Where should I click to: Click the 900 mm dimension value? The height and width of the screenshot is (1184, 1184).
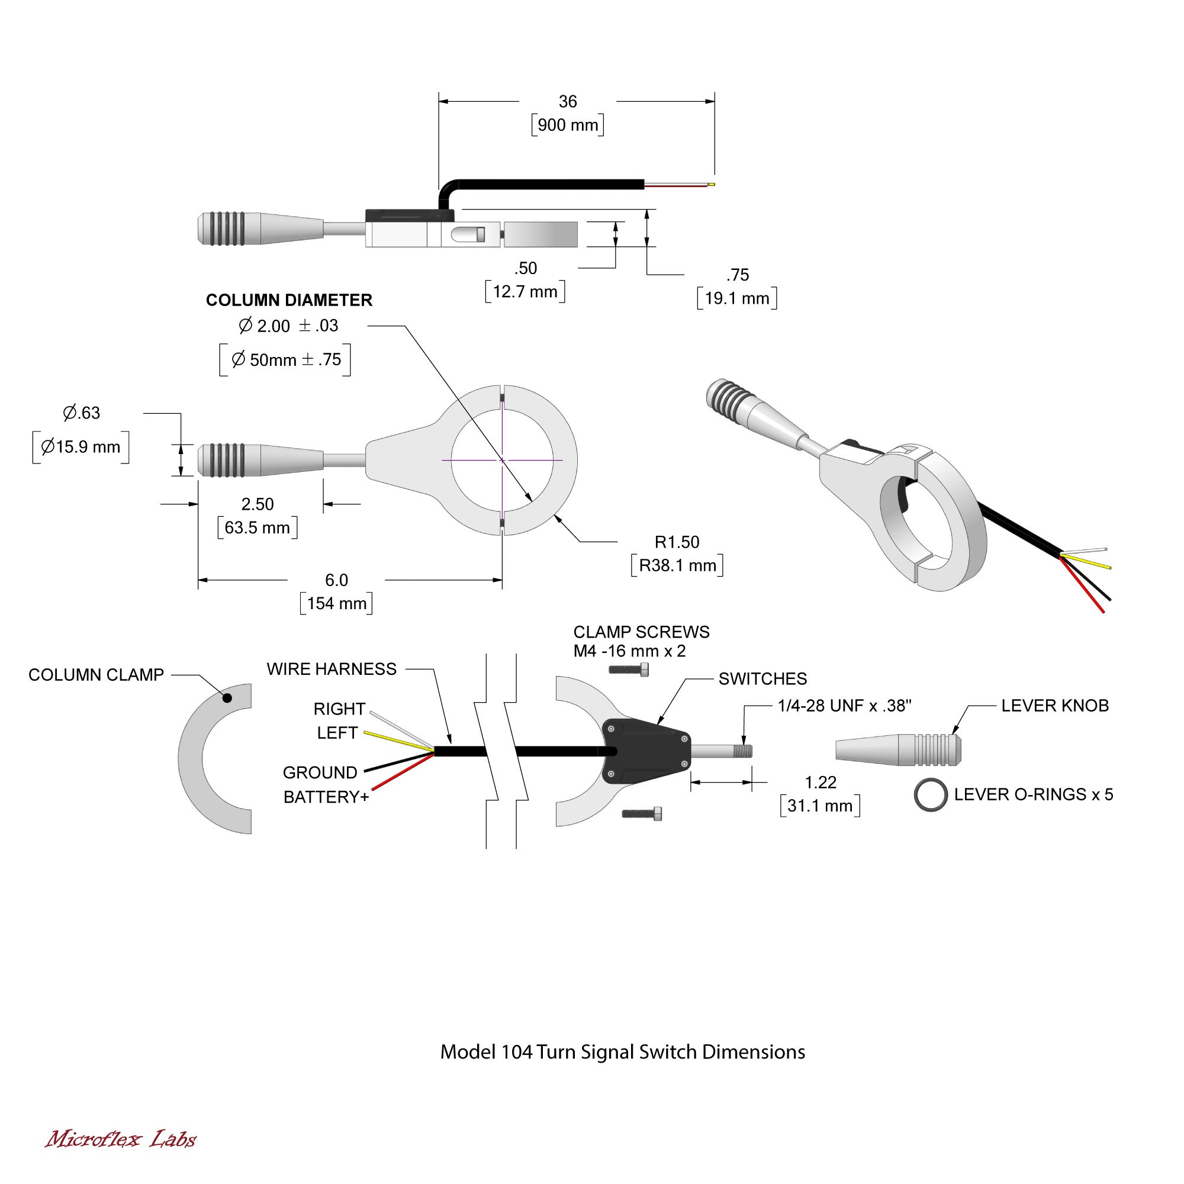tap(568, 125)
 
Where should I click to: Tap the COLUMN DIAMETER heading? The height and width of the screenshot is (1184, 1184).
tap(289, 300)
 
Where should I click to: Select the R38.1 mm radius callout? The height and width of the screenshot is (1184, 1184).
tap(677, 565)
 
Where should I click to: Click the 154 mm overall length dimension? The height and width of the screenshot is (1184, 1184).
tap(336, 603)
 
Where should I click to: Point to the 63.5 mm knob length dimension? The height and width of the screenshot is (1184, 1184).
tap(258, 527)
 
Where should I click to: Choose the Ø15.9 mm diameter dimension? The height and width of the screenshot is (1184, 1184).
tap(81, 447)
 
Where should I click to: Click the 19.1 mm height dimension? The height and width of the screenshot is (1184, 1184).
tap(737, 298)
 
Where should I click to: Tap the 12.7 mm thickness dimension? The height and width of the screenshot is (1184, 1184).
tap(525, 292)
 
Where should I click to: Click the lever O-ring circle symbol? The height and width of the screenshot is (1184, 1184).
tap(930, 796)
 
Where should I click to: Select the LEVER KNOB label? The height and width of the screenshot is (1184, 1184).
tap(1055, 706)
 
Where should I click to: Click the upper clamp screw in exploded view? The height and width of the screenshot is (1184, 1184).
tap(629, 670)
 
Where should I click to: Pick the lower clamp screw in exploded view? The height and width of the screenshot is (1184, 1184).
tap(642, 814)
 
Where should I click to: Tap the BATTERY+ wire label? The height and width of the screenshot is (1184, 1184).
tap(326, 797)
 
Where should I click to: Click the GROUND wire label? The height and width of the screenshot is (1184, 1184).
tap(320, 772)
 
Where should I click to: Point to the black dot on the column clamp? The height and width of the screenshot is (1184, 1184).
tap(227, 697)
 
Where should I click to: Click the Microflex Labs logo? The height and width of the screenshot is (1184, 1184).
tap(121, 1139)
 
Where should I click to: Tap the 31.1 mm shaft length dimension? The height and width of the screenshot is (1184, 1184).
tap(820, 805)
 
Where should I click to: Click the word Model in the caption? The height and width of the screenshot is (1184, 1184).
tap(468, 1051)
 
